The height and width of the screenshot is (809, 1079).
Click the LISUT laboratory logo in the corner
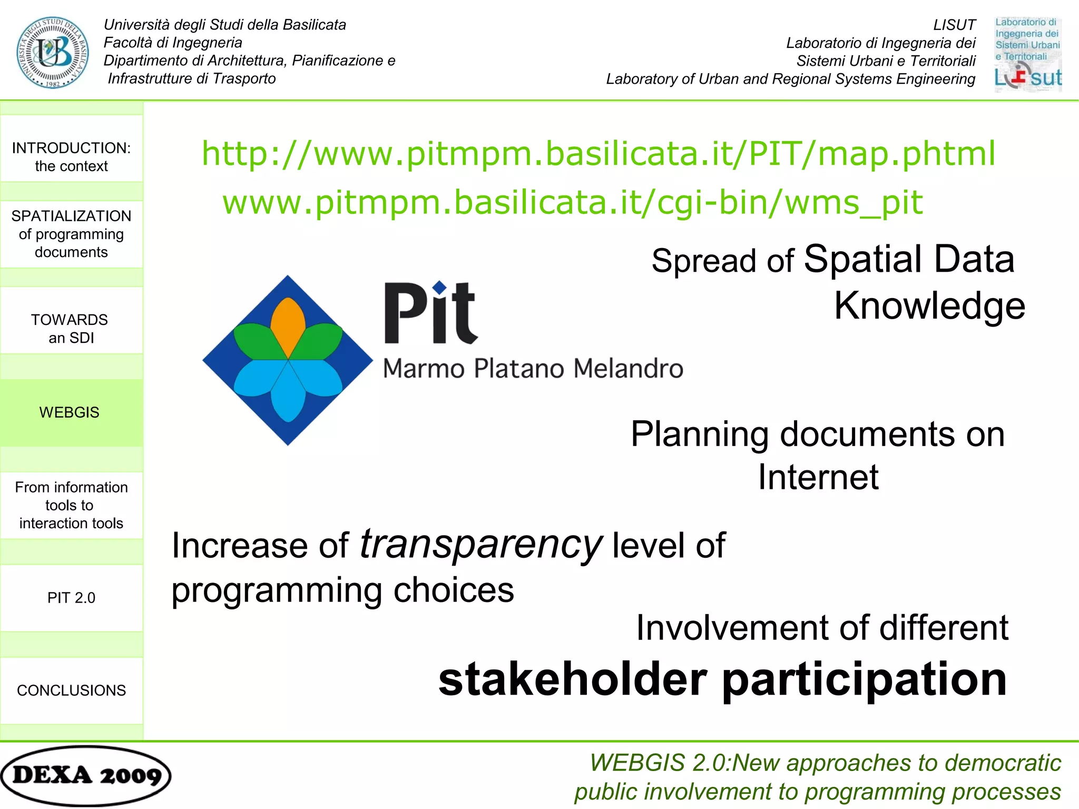point(1027,54)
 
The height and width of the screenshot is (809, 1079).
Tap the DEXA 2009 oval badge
point(86,775)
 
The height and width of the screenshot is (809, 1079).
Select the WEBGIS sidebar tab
point(71,412)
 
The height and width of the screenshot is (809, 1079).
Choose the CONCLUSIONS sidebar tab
point(71,690)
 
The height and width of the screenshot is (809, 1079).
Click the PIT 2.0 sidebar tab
point(71,598)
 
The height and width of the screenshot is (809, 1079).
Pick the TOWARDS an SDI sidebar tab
point(71,329)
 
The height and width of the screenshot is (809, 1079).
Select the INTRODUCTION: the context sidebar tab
point(71,156)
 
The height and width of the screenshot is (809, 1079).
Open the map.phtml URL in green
point(598,153)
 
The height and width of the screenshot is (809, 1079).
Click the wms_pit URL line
point(572,202)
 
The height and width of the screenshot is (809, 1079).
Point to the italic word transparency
point(480,544)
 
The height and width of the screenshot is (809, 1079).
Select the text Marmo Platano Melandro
point(533,368)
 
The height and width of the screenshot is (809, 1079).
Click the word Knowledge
point(929,305)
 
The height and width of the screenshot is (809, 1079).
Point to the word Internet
point(818,477)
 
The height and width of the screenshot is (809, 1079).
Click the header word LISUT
point(954,25)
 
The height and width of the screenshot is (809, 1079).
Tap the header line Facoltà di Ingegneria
point(173,43)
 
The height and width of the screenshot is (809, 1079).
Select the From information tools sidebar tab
point(71,505)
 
